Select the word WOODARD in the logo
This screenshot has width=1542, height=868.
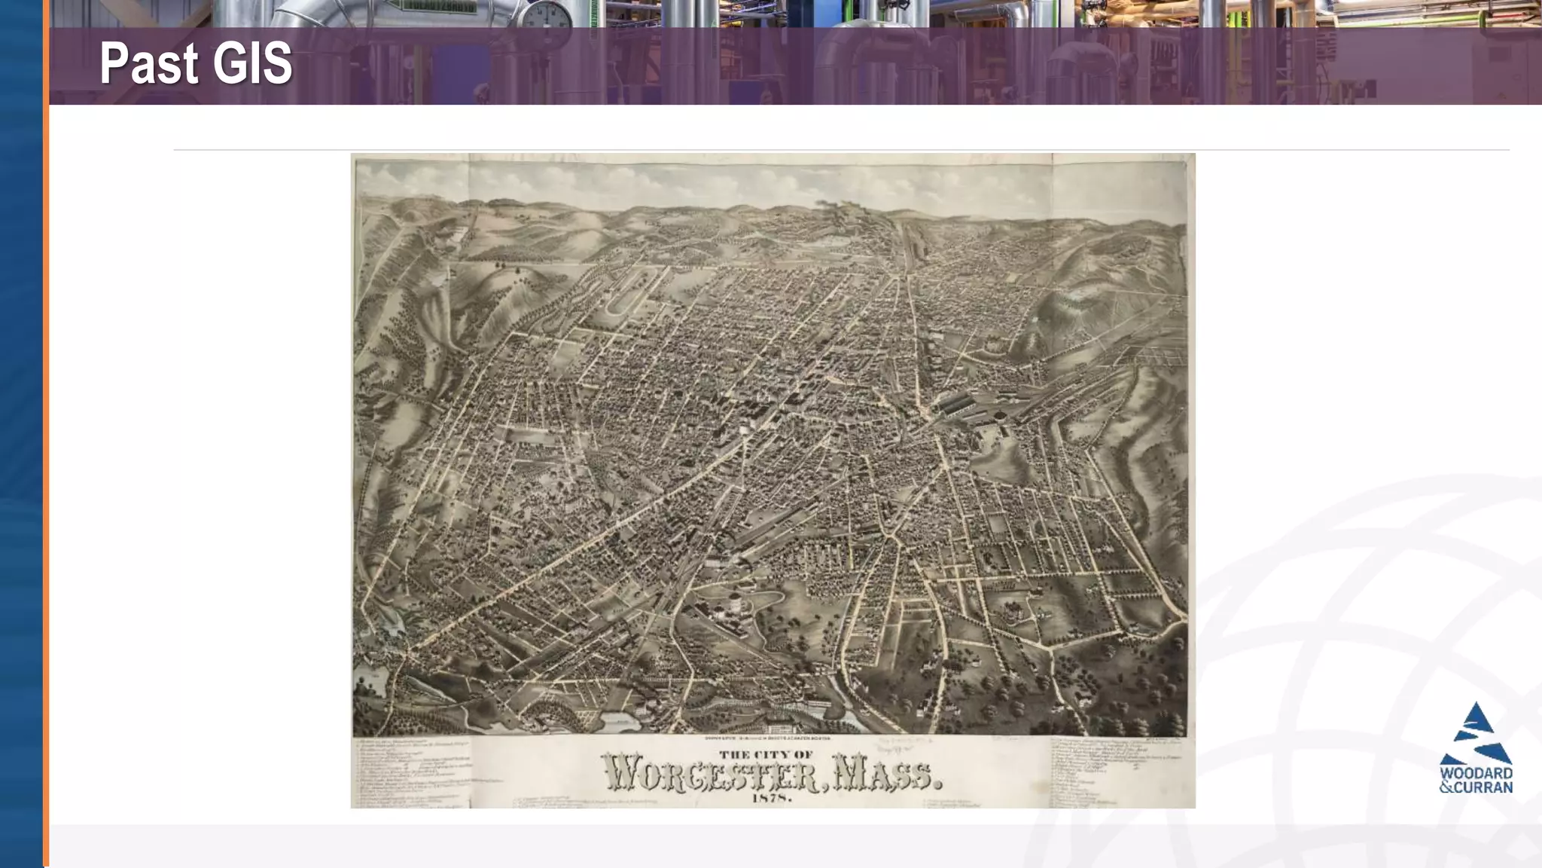1476,773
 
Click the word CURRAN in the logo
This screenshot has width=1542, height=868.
1483,787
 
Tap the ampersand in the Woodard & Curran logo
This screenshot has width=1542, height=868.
1446,787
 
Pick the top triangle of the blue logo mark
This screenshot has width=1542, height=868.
1476,717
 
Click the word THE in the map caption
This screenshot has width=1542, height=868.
734,754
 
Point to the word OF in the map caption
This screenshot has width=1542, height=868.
803,754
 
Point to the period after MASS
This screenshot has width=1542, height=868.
937,784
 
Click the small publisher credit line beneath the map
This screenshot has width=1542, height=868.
768,738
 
